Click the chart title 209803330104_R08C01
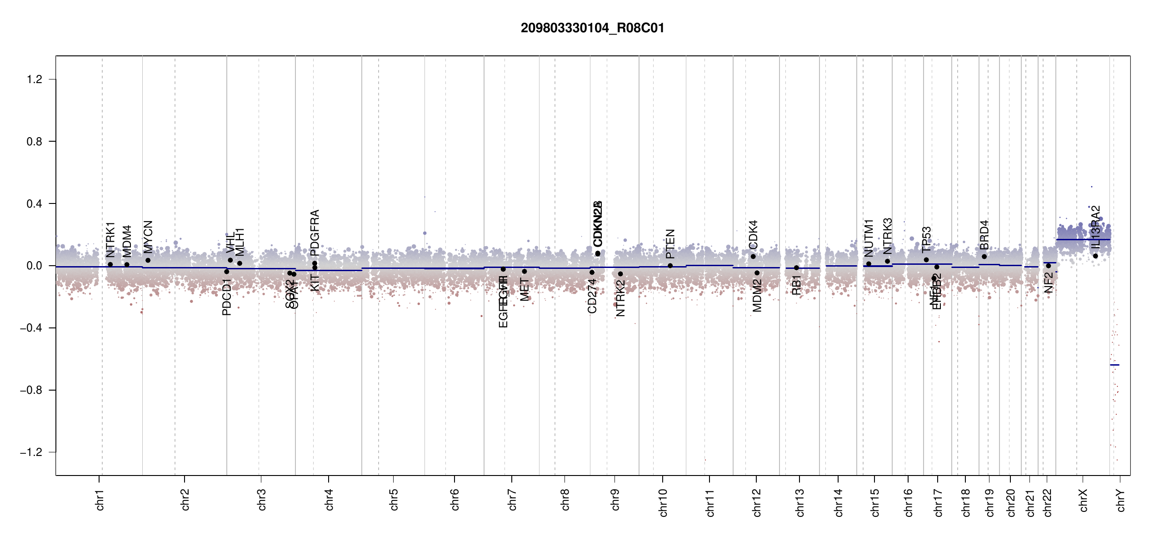pos(592,28)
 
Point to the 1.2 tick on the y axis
pos(35,79)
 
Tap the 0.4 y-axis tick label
pos(35,204)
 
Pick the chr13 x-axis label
pos(800,502)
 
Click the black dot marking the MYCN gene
pos(148,260)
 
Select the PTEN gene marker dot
pos(670,266)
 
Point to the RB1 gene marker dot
pos(796,268)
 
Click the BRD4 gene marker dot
pos(984,257)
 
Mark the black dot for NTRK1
pos(110,264)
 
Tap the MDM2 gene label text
pos(757,296)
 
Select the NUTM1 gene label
pos(869,238)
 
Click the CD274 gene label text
pos(592,296)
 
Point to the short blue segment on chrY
pos(1114,365)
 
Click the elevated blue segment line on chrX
pos(1083,239)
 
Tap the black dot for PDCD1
pos(227,272)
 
